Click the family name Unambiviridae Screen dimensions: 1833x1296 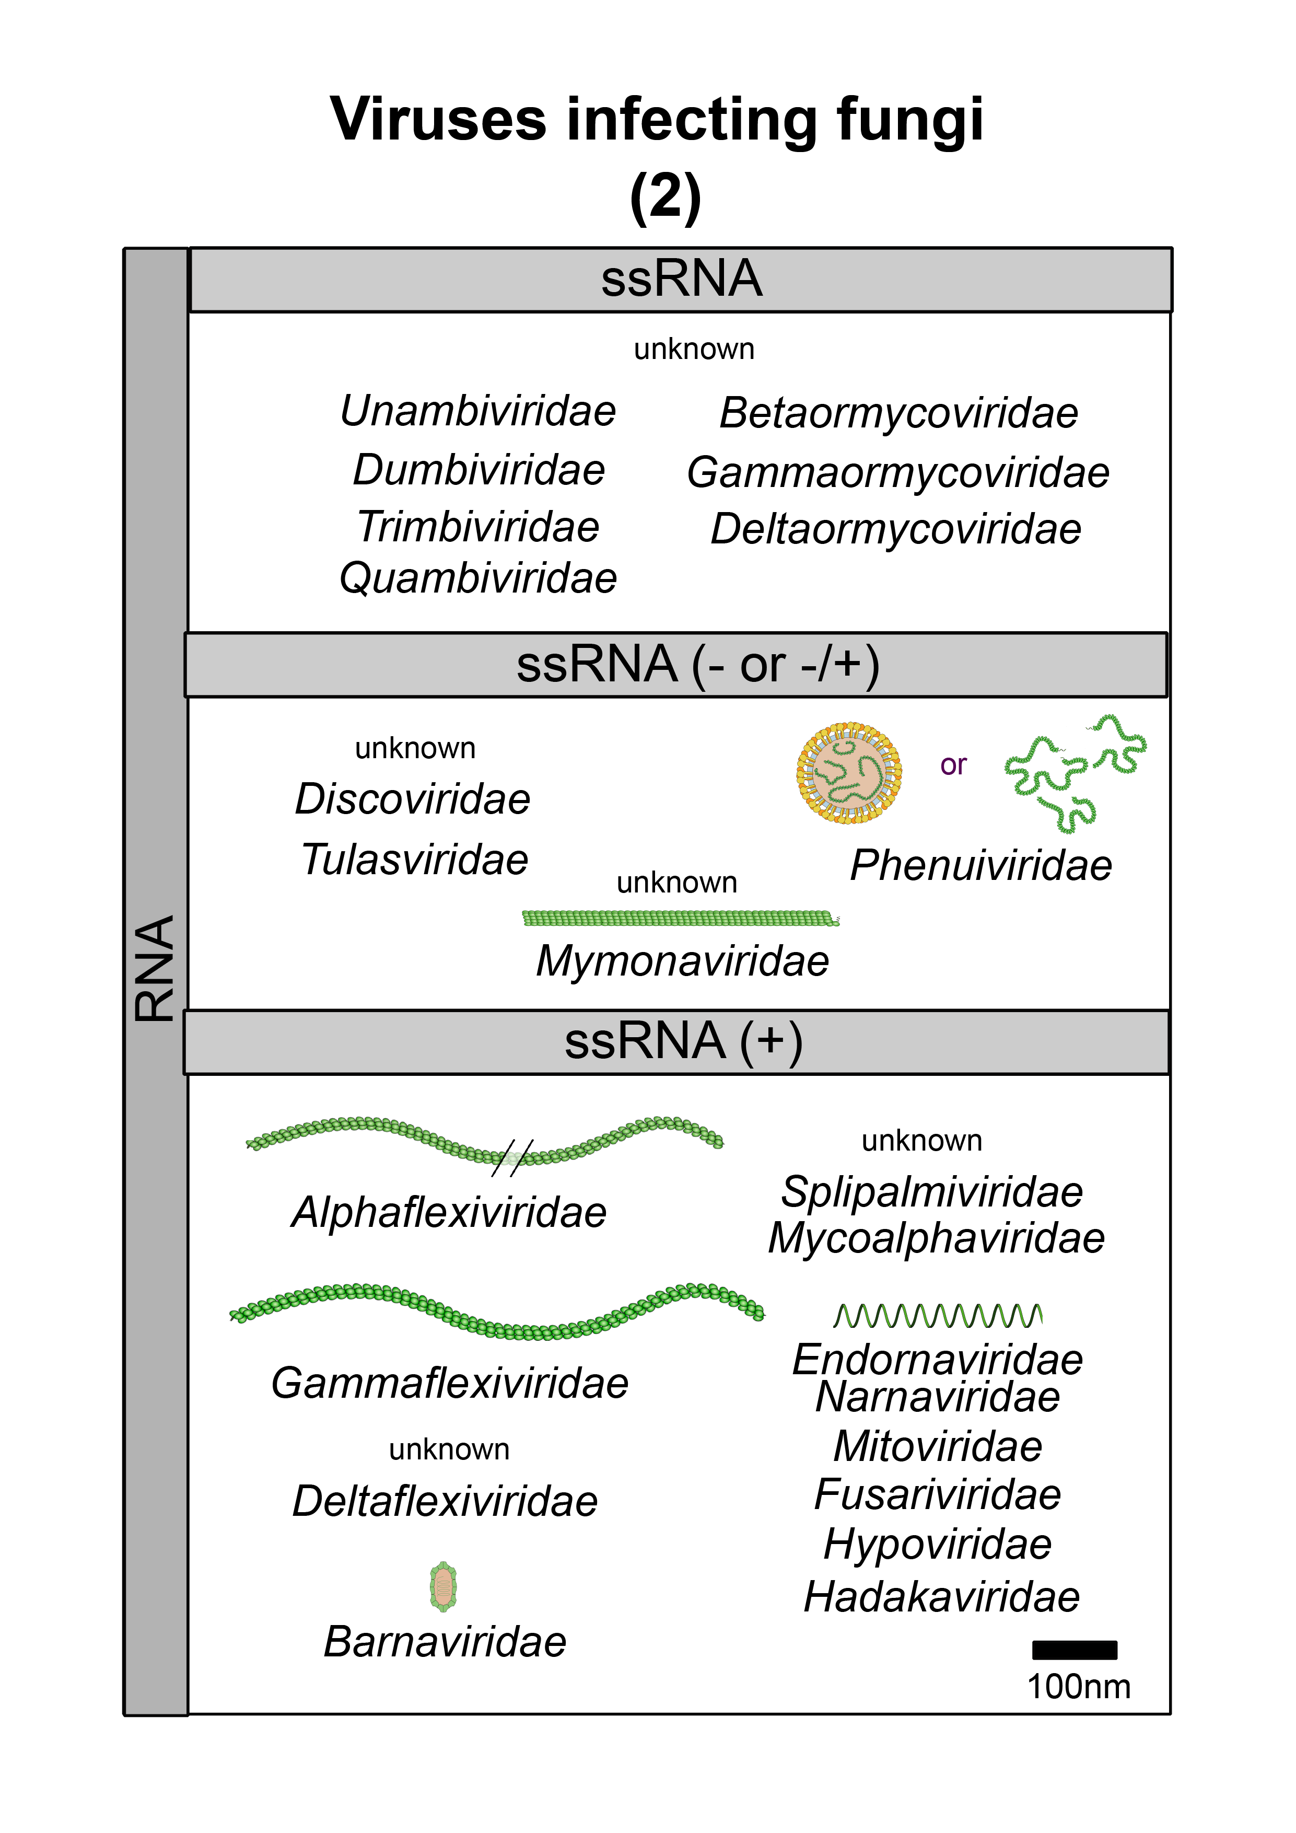coord(478,412)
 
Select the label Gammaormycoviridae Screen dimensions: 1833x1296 coord(898,473)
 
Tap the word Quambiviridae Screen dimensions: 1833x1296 coord(478,579)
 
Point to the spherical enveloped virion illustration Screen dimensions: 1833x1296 coord(849,773)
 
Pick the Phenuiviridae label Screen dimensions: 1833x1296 coord(981,866)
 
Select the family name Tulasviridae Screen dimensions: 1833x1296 coord(415,861)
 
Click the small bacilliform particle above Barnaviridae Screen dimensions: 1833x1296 coord(443,1587)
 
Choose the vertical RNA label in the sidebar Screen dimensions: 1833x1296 coord(155,968)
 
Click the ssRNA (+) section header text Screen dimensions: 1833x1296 coord(683,1042)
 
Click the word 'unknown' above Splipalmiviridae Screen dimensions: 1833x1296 coord(922,1141)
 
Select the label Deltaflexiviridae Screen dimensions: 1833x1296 coord(445,1502)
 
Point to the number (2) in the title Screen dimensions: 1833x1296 coord(665,196)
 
